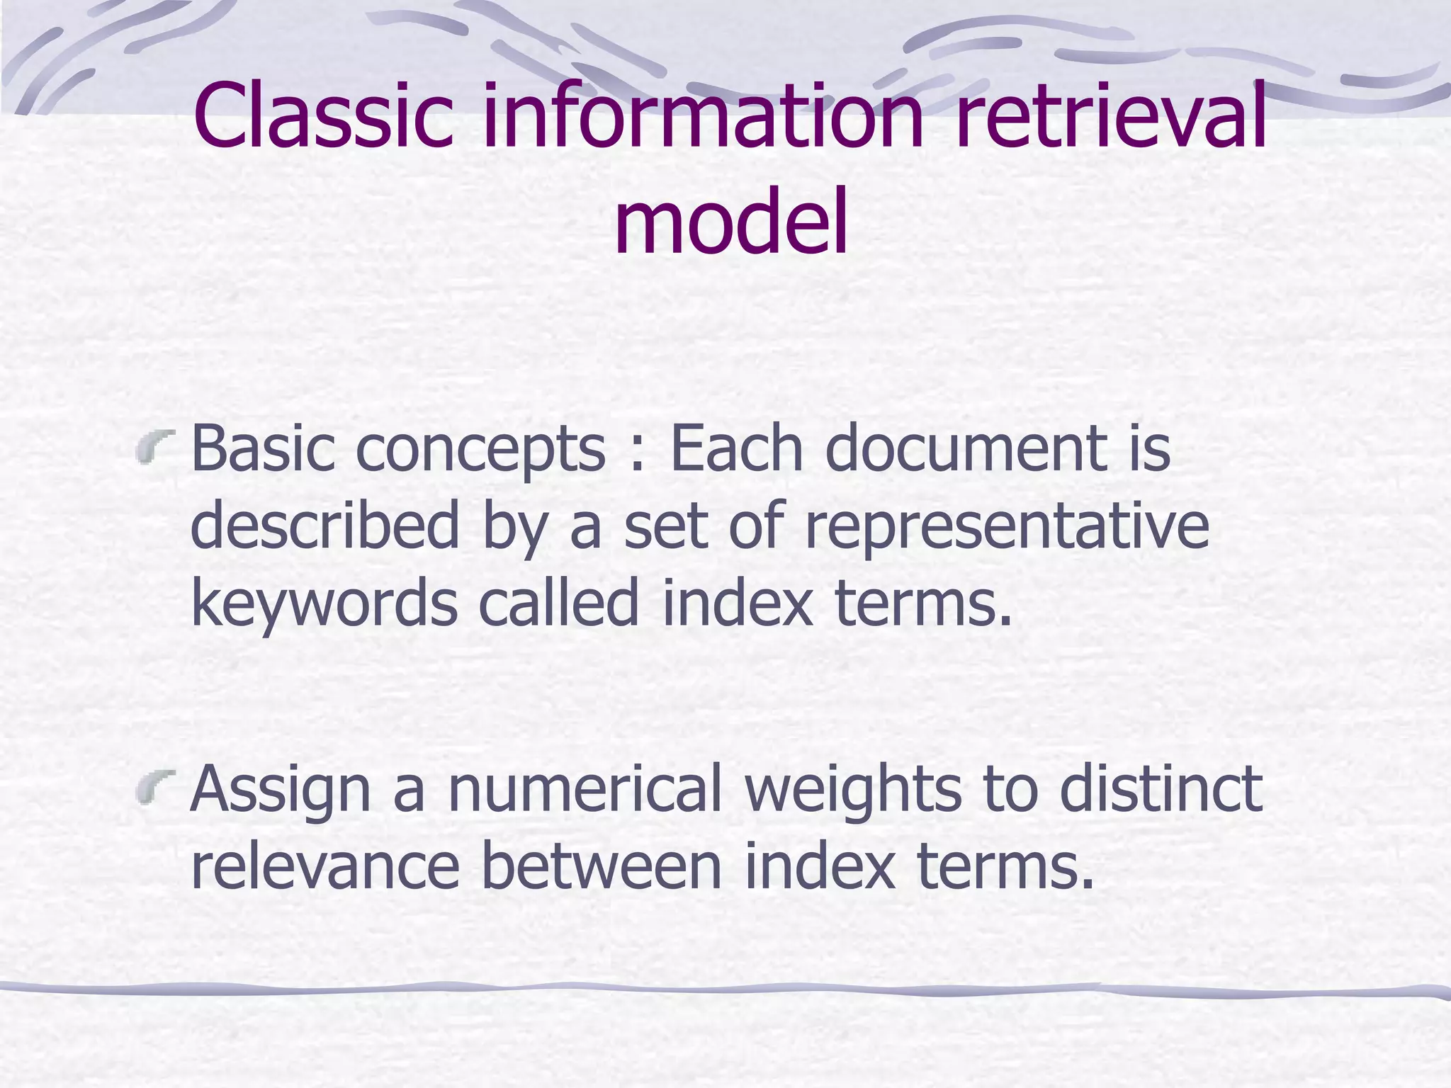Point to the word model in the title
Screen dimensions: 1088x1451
tap(730, 220)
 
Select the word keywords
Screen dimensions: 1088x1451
tap(324, 603)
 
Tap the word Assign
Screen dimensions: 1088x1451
tap(281, 792)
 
